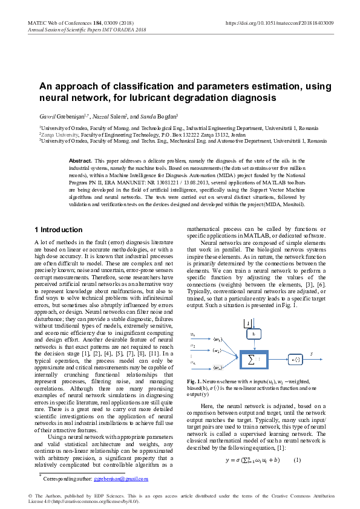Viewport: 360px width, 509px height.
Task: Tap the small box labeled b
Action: (254, 334)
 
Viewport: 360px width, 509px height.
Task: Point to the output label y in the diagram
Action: (312, 352)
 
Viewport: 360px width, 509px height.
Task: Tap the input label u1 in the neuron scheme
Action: (192, 334)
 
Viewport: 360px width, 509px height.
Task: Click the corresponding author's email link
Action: (121, 479)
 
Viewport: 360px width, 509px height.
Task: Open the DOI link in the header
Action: (279, 22)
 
